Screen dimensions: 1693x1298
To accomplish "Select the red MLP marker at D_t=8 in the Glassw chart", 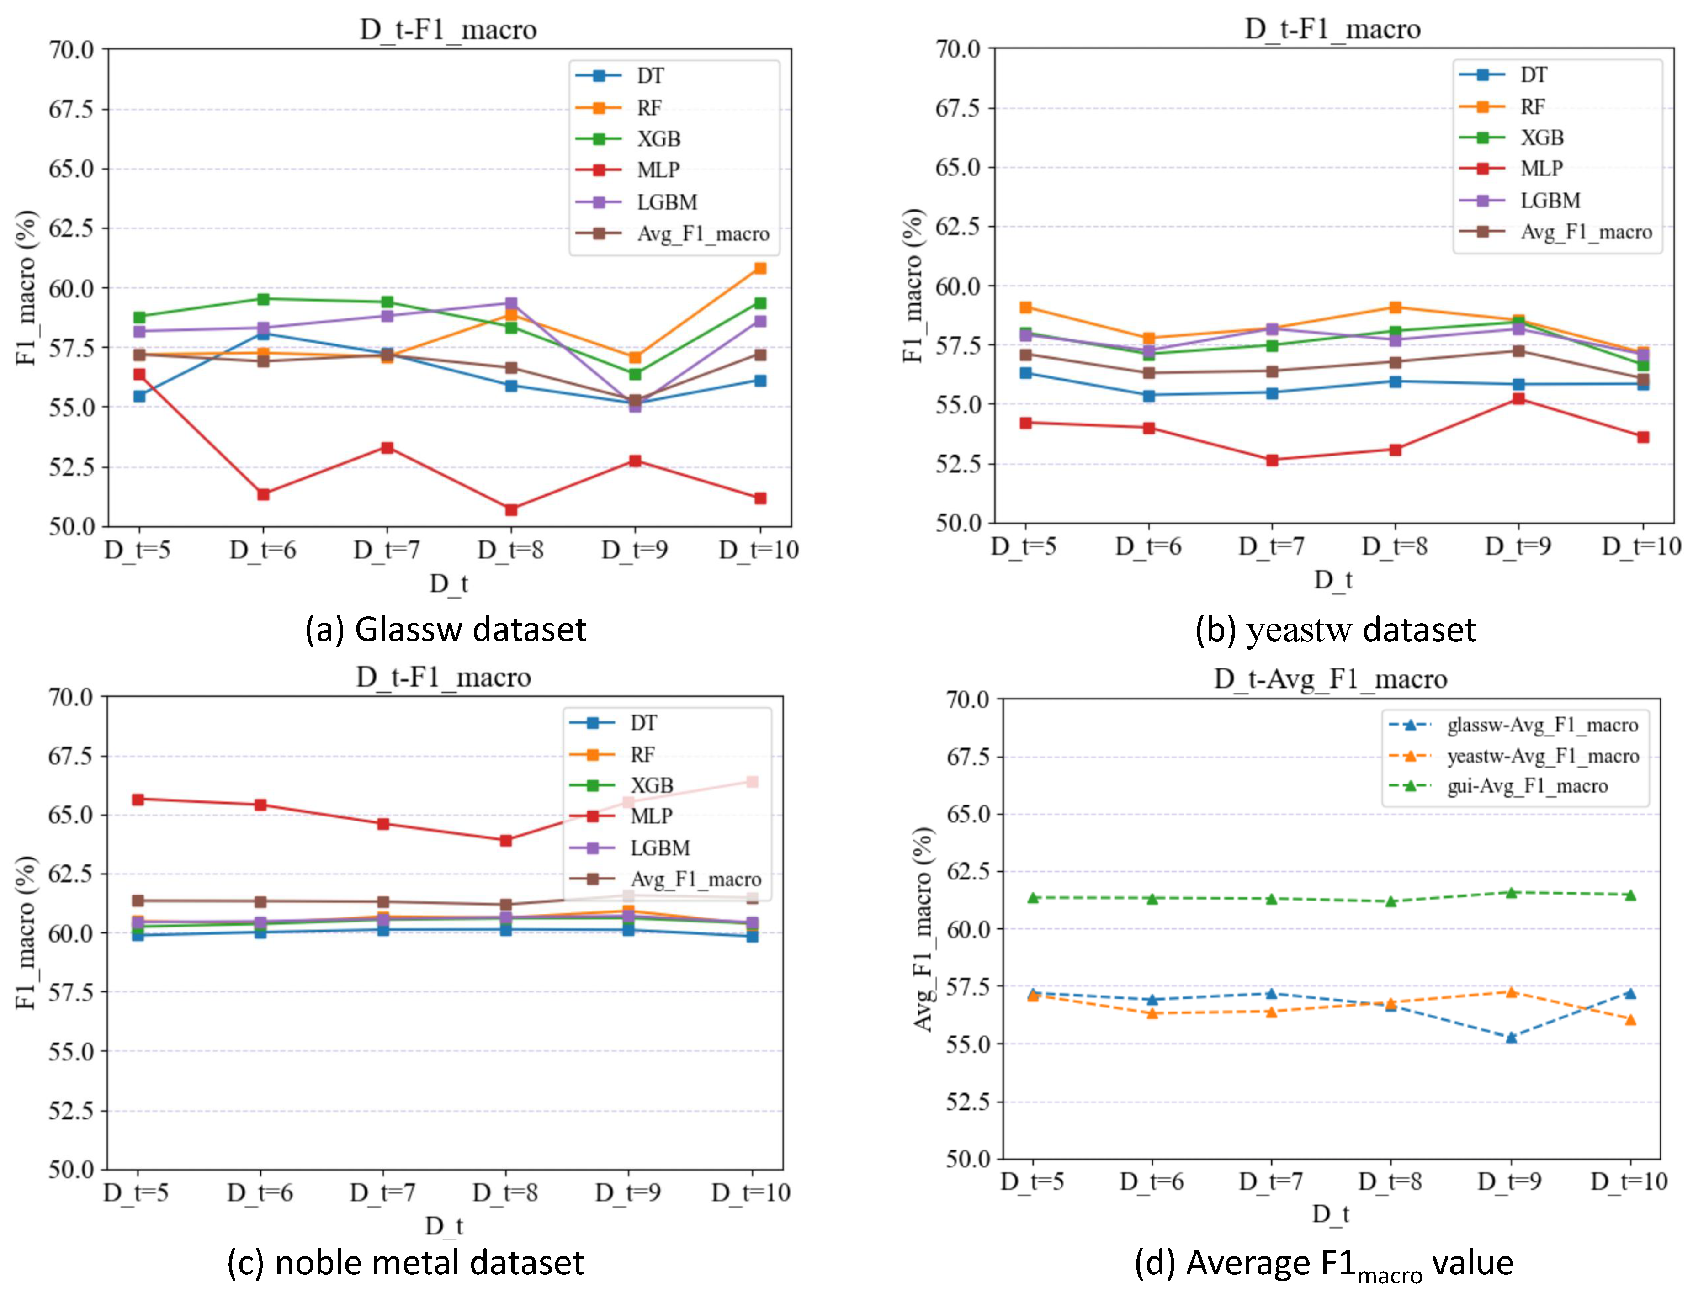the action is click(511, 509).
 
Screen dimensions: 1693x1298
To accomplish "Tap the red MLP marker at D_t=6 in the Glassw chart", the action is click(264, 494).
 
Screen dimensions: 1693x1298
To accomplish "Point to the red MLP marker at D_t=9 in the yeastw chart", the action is click(1518, 399).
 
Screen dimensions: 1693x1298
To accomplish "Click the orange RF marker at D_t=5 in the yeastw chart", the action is click(1025, 307).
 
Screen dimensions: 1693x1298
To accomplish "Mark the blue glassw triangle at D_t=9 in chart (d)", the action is click(1511, 1037).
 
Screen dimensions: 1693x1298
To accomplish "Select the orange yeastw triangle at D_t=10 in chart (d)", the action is click(1630, 1019).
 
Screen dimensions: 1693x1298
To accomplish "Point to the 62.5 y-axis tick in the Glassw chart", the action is click(71, 228).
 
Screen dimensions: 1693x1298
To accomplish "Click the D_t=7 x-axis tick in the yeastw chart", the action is click(1272, 546).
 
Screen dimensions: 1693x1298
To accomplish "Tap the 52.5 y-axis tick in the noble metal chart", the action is click(71, 1110).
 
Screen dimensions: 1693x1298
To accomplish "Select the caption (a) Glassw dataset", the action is click(446, 629).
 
